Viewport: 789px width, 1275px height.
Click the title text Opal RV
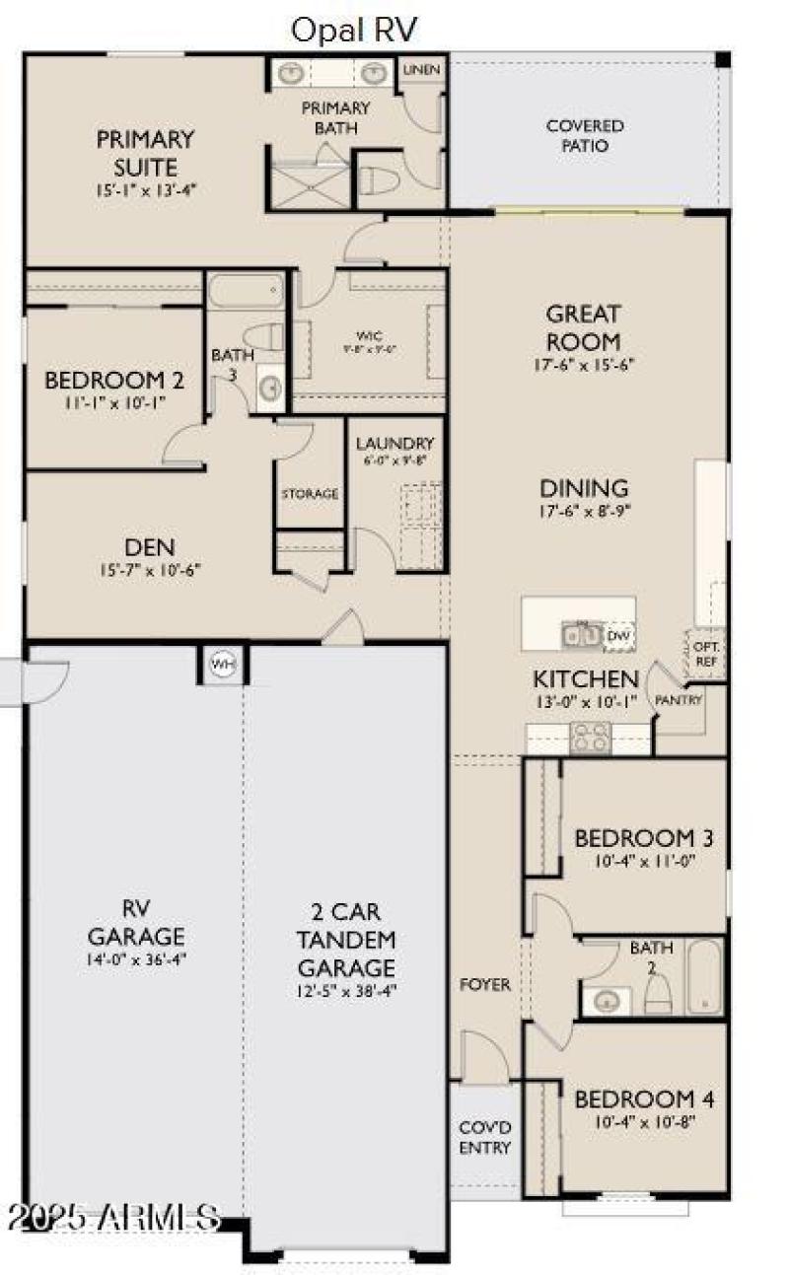(354, 30)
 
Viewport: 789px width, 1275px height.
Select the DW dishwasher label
(618, 636)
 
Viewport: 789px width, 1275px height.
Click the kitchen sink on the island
(582, 636)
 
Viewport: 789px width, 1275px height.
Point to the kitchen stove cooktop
(590, 737)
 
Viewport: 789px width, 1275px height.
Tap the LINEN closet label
(421, 70)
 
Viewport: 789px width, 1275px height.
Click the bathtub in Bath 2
(704, 975)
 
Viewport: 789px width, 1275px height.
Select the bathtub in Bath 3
(245, 291)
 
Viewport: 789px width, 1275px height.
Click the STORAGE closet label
(310, 493)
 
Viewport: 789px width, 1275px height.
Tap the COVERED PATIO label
(585, 136)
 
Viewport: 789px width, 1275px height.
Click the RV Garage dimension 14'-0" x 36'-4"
(136, 956)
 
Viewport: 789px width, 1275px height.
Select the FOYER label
(486, 984)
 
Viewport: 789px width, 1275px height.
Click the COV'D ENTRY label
(484, 1138)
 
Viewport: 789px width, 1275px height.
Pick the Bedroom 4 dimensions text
(645, 1121)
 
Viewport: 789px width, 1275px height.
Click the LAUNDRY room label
(394, 444)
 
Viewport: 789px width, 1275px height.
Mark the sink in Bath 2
(609, 1001)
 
